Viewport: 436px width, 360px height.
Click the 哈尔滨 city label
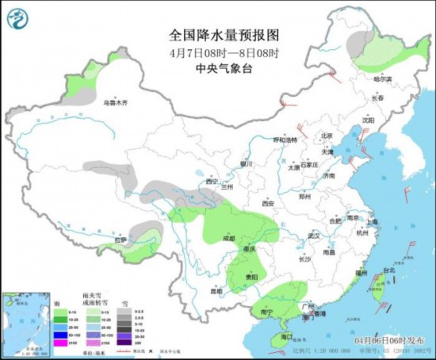click(x=384, y=79)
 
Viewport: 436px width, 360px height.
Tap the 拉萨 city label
click(x=120, y=239)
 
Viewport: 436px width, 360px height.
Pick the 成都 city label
click(x=229, y=237)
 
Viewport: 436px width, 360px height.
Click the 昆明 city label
click(x=206, y=291)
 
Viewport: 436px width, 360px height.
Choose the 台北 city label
click(x=388, y=270)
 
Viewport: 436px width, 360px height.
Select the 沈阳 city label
click(x=368, y=120)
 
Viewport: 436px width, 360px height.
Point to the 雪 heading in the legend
click(x=125, y=303)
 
